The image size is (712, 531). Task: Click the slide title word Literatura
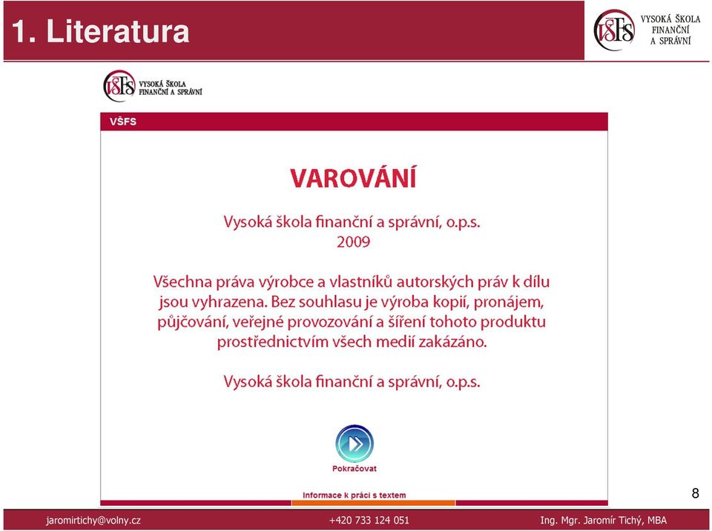(118, 31)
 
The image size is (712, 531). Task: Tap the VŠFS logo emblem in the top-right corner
(614, 30)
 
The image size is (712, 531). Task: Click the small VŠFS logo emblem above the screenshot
(119, 86)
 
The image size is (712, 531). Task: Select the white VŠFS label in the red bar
(122, 122)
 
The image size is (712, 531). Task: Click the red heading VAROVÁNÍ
(353, 177)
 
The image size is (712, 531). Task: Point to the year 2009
(353, 242)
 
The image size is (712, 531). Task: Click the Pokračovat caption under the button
(355, 468)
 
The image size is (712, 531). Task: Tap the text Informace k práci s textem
(355, 495)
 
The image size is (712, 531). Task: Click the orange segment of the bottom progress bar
(373, 503)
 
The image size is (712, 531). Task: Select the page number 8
(695, 493)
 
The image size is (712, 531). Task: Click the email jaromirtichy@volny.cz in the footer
(93, 521)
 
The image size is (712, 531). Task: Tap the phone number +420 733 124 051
(369, 520)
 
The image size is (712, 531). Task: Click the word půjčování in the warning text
(193, 322)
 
